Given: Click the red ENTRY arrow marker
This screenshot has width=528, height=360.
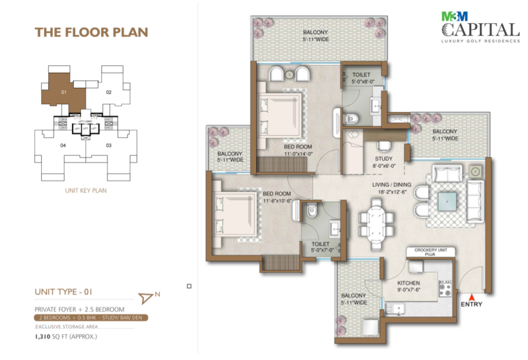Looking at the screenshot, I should tap(471, 296).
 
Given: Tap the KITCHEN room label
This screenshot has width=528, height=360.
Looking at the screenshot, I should tap(408, 283).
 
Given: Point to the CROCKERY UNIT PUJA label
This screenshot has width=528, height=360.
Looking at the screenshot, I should tap(431, 252).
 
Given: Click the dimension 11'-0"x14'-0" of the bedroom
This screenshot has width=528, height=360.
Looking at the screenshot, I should tap(298, 153).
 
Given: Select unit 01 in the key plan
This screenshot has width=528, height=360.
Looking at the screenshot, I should tap(64, 93).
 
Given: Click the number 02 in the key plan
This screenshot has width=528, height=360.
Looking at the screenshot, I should tap(109, 93).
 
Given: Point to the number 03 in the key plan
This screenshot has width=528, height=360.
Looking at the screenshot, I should tap(109, 145).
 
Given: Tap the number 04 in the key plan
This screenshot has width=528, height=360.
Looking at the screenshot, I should tap(63, 145).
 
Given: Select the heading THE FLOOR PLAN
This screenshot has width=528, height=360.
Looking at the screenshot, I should tap(91, 32).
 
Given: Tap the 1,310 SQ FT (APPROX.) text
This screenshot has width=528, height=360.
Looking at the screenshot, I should tap(66, 337).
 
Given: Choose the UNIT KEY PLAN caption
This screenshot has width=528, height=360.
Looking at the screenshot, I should tap(86, 190).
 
